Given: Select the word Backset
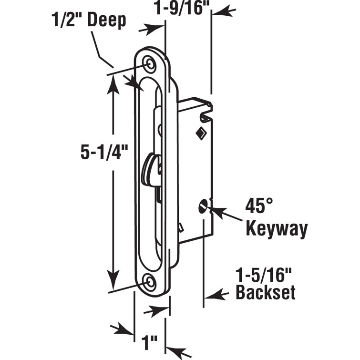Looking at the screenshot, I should [x=266, y=292].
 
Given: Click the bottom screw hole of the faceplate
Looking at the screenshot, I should [x=151, y=283].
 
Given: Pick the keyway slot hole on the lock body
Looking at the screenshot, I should [x=201, y=207].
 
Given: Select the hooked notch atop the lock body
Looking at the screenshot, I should [x=206, y=114].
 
